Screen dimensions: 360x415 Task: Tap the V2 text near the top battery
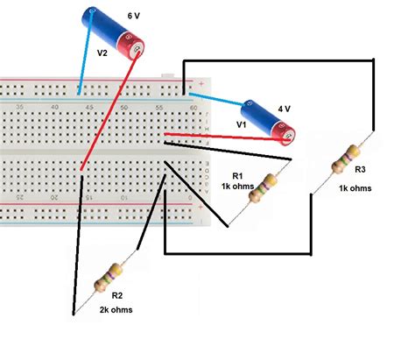pos(102,53)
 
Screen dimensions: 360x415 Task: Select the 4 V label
pos(284,109)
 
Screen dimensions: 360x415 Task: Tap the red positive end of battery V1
pos(287,132)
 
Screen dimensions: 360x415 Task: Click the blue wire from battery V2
pos(85,63)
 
